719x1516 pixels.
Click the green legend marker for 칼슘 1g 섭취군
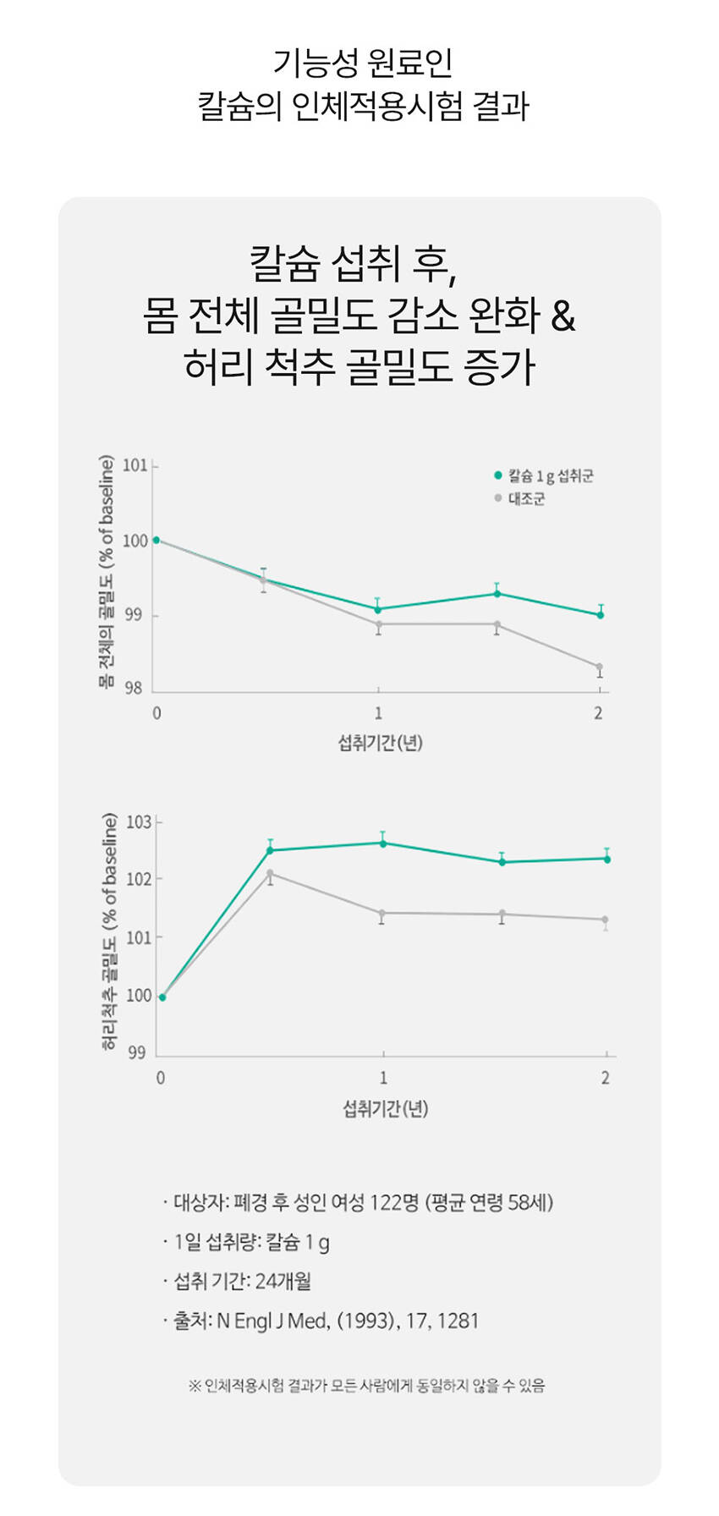pos(498,475)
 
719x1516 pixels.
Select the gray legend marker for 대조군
pos(498,498)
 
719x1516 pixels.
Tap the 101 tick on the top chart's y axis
pos(135,465)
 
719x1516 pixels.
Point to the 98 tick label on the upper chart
pos(135,689)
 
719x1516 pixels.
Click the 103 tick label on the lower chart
pos(139,821)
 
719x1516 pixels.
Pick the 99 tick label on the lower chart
pos(136,1052)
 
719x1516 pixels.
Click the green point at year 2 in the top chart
pos(601,615)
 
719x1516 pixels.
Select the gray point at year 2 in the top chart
pos(599,667)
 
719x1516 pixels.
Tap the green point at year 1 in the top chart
pos(378,609)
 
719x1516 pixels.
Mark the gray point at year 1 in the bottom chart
pos(382,914)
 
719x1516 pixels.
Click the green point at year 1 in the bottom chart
pos(383,843)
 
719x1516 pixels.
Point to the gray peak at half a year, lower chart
pos(270,873)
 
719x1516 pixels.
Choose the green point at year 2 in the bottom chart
pos(606,860)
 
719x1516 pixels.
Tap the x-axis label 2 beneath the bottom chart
pos(605,1078)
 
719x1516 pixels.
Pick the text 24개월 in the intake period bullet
pos(283,1281)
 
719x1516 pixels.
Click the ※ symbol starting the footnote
pos(194,1386)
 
